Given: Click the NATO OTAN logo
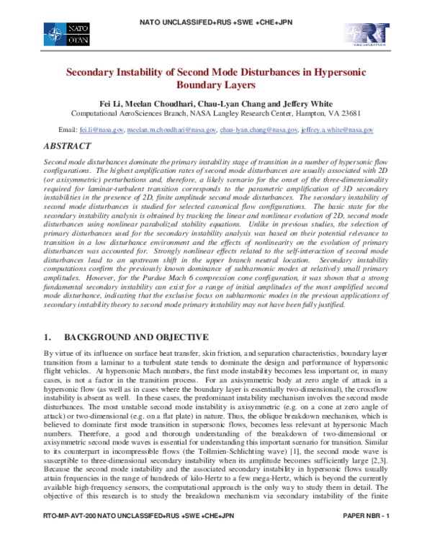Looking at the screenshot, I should tap(66, 32).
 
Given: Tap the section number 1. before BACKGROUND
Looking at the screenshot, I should tap(49, 337).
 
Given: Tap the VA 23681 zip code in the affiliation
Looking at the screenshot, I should tap(345, 114).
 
